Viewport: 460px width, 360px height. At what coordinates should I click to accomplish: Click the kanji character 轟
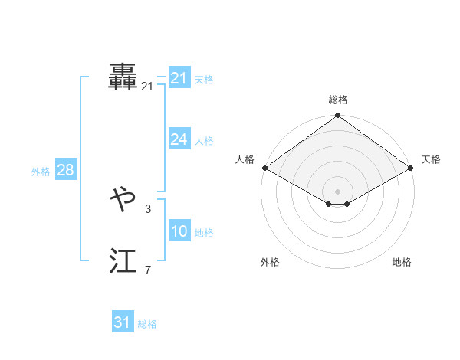123,77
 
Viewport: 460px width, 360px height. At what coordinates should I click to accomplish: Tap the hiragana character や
123,201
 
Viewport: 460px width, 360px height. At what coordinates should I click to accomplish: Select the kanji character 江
123,262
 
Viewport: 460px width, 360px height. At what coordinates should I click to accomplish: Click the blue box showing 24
179,139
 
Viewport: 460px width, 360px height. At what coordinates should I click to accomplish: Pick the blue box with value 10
179,231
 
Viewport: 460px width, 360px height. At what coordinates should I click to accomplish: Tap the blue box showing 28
65,170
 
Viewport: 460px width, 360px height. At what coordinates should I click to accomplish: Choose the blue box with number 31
123,322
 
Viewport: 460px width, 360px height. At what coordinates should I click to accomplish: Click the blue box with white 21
179,78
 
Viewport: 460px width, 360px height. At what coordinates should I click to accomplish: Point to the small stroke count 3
147,208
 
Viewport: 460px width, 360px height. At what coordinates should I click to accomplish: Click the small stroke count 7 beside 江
147,269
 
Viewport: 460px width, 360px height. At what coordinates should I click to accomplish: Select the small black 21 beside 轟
147,87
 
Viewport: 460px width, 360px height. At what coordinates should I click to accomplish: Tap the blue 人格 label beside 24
204,141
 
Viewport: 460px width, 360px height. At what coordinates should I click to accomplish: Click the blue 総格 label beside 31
147,324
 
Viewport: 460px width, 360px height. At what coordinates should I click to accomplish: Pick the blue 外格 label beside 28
41,172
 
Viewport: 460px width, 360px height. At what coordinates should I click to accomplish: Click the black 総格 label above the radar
338,100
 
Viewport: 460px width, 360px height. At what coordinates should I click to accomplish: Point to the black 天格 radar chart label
432,159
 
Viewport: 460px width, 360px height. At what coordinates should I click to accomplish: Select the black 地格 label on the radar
402,263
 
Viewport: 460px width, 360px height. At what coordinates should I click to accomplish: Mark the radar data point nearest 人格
264,168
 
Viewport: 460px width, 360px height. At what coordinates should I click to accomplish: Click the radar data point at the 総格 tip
338,116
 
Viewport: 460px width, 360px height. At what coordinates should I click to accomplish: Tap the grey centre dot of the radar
338,191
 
